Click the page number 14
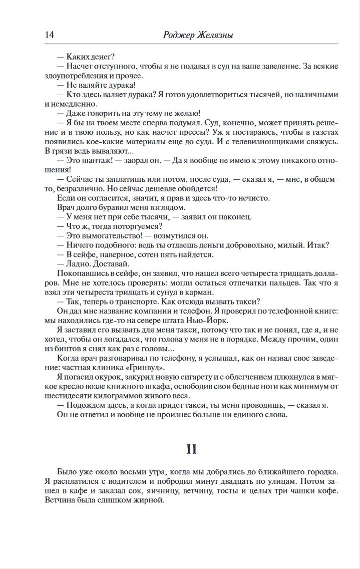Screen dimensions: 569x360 [x=50, y=35]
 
